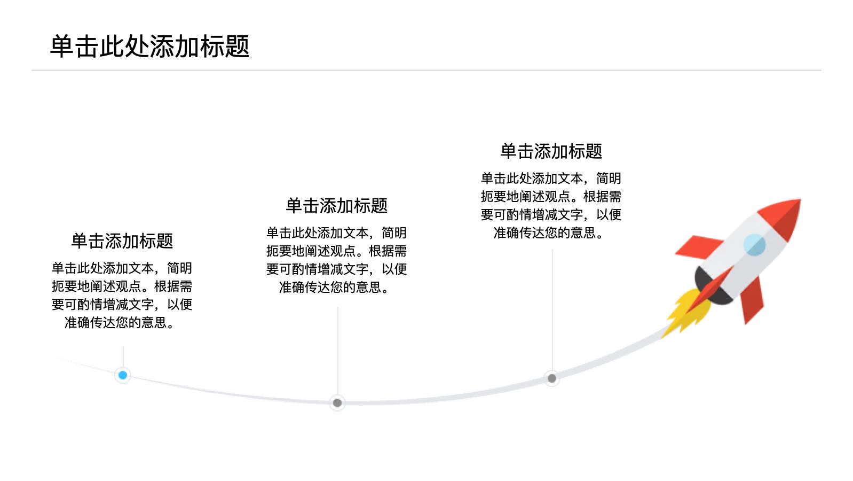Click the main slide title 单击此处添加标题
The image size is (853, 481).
149,46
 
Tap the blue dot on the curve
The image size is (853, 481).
123,375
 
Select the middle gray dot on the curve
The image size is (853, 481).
337,403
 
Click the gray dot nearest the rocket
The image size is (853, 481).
552,378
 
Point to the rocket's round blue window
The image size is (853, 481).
754,245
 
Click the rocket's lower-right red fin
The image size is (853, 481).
752,301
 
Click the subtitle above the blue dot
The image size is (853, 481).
122,241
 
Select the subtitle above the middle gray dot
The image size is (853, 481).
337,205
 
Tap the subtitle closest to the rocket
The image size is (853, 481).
551,151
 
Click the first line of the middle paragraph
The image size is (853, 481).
337,232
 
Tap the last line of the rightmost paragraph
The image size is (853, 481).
549,232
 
